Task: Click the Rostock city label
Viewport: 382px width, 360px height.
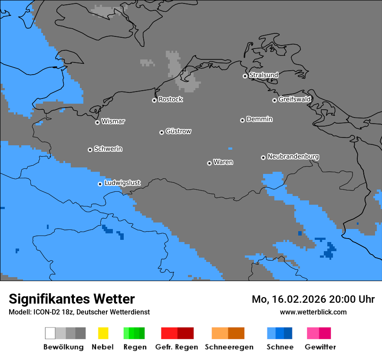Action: (170, 99)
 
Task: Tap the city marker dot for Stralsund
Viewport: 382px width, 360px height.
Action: (245, 76)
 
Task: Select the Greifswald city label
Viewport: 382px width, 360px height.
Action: (294, 99)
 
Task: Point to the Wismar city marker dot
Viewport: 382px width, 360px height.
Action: (97, 122)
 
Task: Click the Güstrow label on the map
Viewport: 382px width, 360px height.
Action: (178, 131)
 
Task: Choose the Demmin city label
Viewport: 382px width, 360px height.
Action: (259, 119)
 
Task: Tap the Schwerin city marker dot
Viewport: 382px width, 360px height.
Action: (90, 150)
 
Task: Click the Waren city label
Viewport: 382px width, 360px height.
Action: (223, 162)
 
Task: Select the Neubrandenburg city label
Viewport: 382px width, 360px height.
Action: (293, 157)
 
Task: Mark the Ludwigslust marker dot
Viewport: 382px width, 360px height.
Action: (100, 184)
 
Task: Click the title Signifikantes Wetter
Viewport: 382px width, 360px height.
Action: (72, 299)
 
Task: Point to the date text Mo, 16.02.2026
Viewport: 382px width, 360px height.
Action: (289, 299)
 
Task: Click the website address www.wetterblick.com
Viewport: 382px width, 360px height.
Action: (313, 312)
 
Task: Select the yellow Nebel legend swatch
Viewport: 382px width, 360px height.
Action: (103, 333)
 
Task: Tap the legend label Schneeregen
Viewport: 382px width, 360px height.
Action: (229, 347)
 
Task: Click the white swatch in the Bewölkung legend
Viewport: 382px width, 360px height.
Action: (50, 333)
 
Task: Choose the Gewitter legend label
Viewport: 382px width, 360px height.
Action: (320, 347)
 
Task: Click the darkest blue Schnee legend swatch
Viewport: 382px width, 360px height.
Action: (288, 333)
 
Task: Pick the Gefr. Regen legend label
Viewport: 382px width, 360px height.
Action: (176, 347)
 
